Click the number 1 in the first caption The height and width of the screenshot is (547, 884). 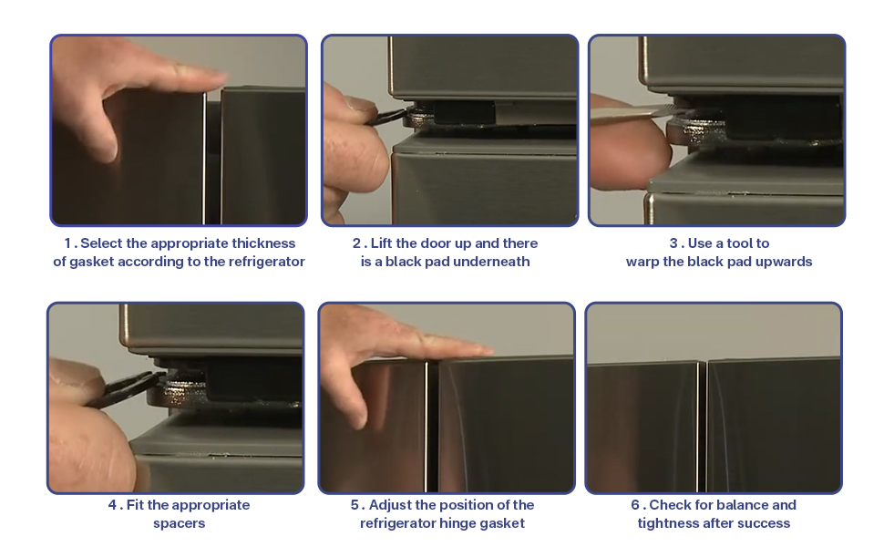click(67, 243)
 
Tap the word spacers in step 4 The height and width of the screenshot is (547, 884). click(179, 523)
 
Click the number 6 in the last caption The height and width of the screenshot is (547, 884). click(635, 505)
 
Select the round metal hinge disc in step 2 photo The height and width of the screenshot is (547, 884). click(420, 119)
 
